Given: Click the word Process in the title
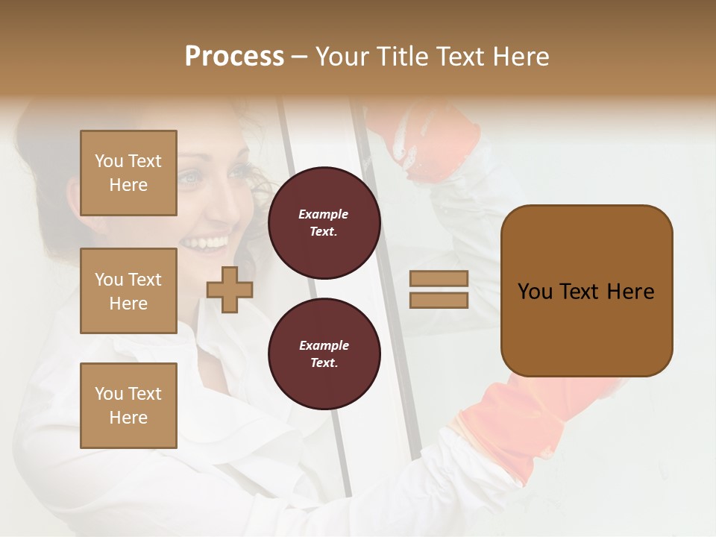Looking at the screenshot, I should pos(234,57).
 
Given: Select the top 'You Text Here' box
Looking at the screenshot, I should pos(128,173).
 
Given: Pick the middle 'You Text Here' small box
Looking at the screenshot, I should pos(128,291).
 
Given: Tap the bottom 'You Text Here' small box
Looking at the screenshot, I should pos(128,405).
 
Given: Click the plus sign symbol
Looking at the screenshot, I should pos(229,289).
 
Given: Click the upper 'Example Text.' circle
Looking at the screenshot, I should pos(324,222).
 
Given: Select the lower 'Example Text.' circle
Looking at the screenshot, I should pos(324,354).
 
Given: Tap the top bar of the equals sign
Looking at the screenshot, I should pos(439,278).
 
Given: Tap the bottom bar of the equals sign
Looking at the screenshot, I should pos(439,300).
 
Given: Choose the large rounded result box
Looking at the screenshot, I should pos(586,291).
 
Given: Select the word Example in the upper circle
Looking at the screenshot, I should pos(324,214).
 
